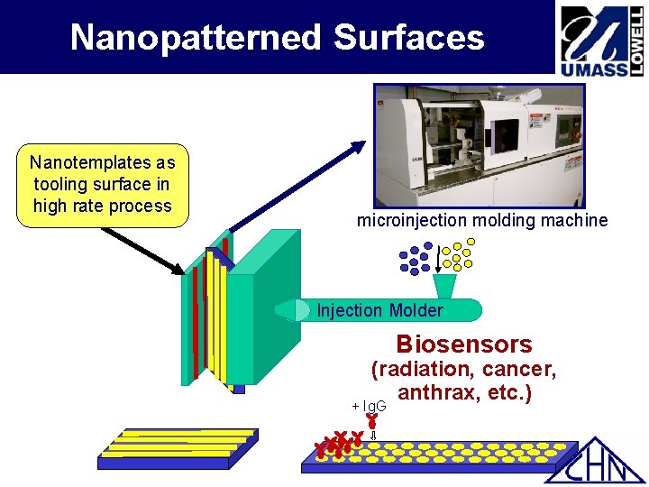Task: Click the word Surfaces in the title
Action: (409, 38)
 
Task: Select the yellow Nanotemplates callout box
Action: (102, 184)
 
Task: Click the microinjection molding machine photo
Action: (480, 145)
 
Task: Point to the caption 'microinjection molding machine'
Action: (482, 220)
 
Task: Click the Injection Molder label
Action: (379, 310)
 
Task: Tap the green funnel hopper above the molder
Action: (445, 286)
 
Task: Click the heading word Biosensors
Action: (464, 345)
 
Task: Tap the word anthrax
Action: (434, 393)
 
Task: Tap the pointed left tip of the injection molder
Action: (280, 310)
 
